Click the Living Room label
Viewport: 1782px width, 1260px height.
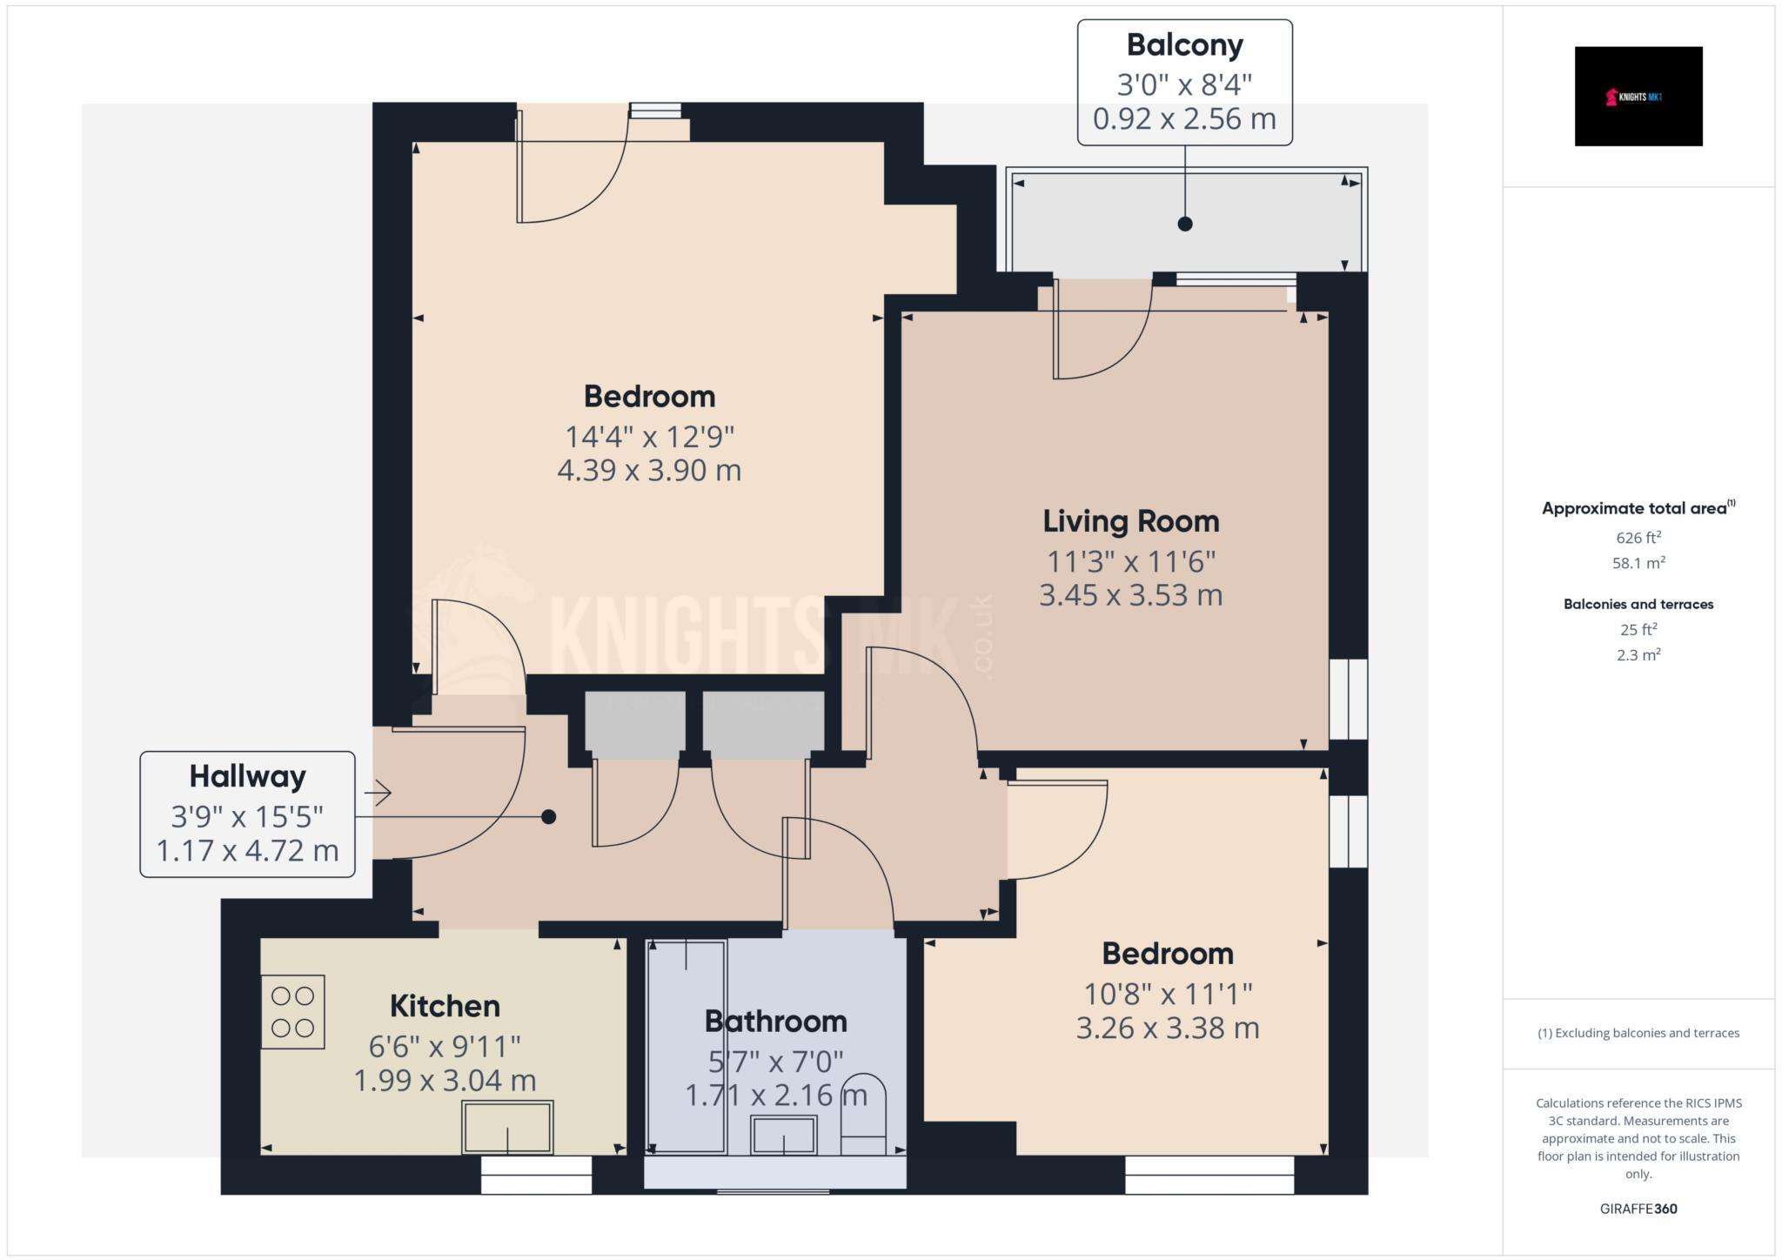[x=1130, y=521]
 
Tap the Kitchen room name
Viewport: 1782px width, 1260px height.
[x=444, y=1006]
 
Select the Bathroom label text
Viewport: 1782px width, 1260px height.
[x=775, y=1021]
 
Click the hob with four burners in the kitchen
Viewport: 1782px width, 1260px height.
[x=293, y=1012]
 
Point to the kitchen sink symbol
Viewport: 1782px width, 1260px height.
[x=507, y=1128]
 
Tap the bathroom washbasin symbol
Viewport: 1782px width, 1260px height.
[x=783, y=1135]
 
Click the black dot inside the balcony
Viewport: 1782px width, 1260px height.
[x=1184, y=224]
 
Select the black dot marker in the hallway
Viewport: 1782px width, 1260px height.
[x=548, y=817]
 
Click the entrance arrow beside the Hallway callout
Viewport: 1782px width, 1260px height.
[x=378, y=793]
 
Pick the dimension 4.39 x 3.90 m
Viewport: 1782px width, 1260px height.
[x=648, y=471]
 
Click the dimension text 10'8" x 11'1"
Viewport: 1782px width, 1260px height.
[x=1167, y=993]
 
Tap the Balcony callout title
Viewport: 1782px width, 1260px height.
[x=1184, y=44]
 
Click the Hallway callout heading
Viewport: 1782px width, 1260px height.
[x=247, y=776]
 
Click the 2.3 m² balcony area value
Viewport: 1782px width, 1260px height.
[x=1638, y=655]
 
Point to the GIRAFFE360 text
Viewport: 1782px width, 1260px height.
[x=1638, y=1209]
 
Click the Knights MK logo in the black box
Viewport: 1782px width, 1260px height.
[x=1638, y=97]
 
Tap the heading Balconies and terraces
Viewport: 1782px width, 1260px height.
[x=1638, y=604]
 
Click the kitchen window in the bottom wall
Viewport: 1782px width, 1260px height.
[x=536, y=1175]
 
